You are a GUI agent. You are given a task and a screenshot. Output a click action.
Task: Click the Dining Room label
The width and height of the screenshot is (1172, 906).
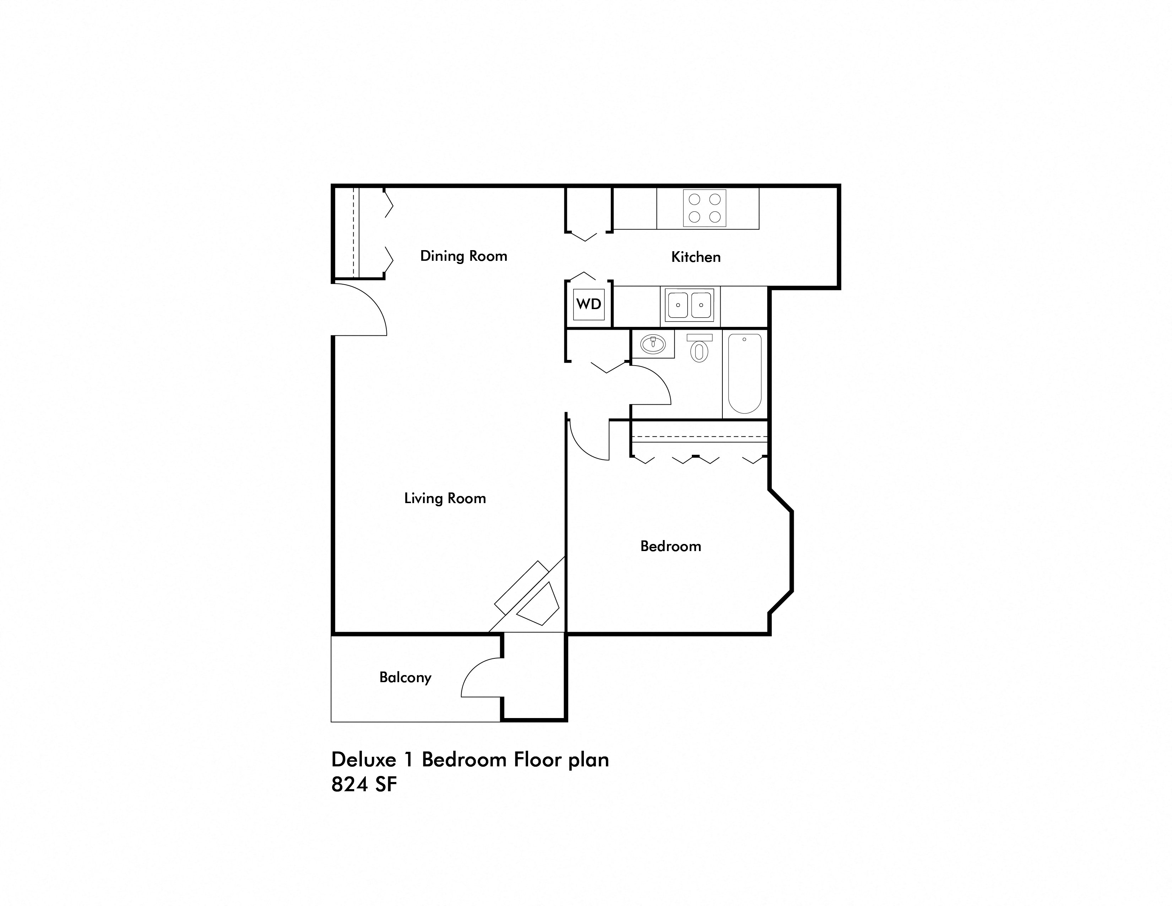point(463,256)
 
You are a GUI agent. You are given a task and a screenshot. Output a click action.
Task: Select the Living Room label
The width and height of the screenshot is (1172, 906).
point(445,498)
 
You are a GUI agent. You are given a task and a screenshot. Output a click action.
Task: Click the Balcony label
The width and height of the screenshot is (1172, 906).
point(405,677)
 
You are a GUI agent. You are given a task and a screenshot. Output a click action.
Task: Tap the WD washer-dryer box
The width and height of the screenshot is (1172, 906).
point(589,304)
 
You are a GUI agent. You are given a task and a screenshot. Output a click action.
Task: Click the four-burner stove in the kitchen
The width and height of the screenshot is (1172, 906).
point(705,208)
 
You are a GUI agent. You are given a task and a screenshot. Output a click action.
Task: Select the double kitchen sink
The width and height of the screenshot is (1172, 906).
point(690,305)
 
